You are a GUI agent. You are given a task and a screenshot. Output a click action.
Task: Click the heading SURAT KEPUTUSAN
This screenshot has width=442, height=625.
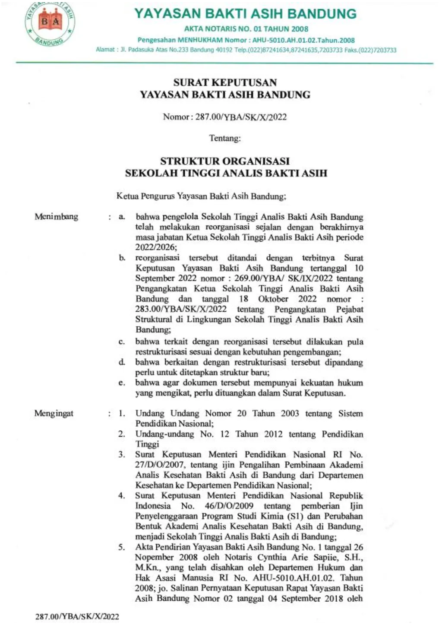click(225, 82)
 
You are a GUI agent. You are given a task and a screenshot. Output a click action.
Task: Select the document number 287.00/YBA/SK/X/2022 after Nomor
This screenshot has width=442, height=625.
click(241, 117)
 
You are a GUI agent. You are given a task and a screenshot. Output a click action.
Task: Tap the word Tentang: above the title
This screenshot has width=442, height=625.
click(225, 139)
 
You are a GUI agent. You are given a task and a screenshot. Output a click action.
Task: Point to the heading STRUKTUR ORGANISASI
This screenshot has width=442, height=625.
click(225, 161)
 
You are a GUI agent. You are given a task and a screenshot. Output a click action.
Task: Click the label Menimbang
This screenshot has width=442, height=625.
click(56, 217)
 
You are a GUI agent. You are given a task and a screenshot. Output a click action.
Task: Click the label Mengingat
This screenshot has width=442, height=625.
click(54, 414)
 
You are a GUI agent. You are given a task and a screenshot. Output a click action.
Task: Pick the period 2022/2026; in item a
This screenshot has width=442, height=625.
click(156, 247)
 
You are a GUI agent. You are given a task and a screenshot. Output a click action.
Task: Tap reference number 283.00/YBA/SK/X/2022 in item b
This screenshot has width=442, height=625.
click(181, 309)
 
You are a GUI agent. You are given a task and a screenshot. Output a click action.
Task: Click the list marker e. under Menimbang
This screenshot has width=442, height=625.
click(122, 383)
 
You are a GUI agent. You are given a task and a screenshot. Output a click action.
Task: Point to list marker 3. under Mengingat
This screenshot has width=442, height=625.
click(122, 455)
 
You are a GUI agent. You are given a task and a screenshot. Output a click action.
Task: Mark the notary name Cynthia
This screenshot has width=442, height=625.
click(272, 557)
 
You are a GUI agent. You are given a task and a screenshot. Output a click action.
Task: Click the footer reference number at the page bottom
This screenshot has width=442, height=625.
click(77, 616)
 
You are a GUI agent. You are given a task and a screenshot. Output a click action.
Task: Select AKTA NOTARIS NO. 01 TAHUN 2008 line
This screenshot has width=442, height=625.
click(246, 29)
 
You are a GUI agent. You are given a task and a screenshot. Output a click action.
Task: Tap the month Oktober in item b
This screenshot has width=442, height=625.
click(273, 299)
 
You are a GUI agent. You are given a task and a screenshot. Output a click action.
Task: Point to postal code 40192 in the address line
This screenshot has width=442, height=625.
click(224, 50)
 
